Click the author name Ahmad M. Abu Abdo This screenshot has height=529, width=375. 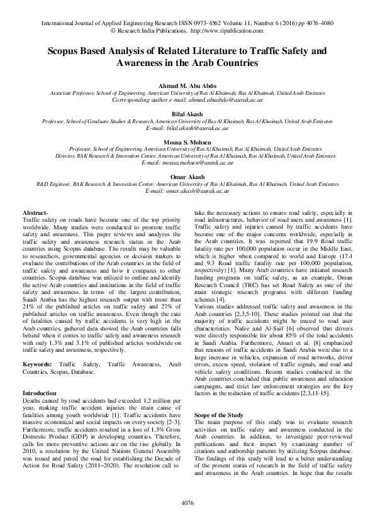187,85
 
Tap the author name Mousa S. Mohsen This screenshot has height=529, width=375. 187,143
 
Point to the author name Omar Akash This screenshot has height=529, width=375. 187,178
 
